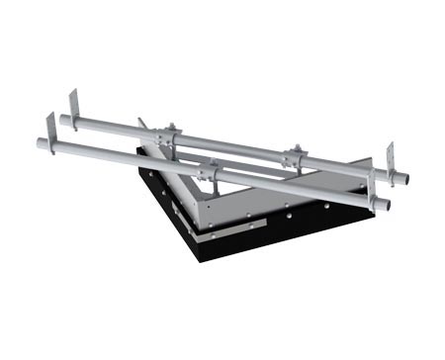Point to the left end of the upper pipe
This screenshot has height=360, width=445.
(63, 120)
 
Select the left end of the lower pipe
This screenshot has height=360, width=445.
(41, 143)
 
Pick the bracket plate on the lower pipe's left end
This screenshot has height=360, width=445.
(50, 129)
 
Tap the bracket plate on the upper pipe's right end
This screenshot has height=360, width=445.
(391, 158)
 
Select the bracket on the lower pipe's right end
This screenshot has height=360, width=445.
(372, 183)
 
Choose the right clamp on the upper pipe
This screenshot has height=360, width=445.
(293, 155)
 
